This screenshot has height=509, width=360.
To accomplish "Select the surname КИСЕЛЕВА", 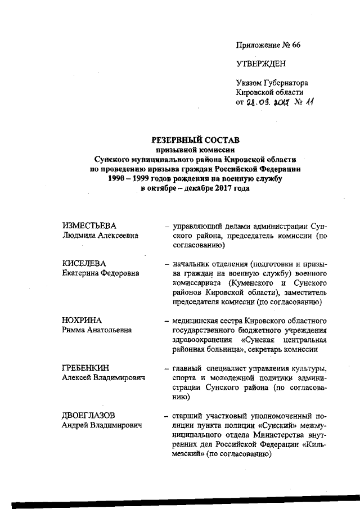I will (84, 263).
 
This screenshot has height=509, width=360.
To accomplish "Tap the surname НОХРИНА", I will (82, 320).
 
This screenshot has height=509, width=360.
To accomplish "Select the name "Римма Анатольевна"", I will (97, 330).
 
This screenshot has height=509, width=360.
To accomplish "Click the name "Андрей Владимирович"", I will (102, 425).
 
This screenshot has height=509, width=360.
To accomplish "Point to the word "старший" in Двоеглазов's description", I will (190, 415).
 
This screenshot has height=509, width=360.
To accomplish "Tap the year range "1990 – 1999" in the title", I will (128, 179).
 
